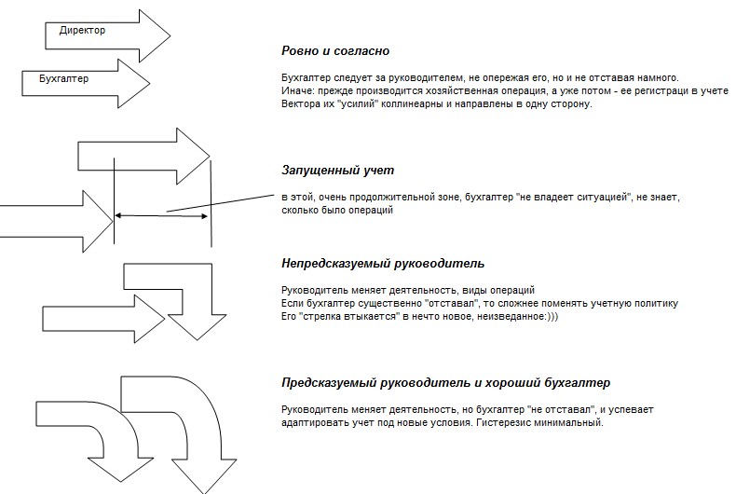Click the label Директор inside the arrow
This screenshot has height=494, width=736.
pos(82,31)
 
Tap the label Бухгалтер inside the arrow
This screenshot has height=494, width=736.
pos(63,79)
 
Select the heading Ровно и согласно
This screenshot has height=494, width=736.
pos(335,50)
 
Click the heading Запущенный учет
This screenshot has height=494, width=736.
pos(337,170)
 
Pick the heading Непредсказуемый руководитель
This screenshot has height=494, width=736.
pos(383,264)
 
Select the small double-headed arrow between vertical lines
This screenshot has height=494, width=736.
pos(161,216)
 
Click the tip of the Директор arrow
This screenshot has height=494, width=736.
pos(170,35)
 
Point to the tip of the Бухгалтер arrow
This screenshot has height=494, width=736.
pos(150,84)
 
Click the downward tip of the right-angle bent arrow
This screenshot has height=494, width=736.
pos(198,339)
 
